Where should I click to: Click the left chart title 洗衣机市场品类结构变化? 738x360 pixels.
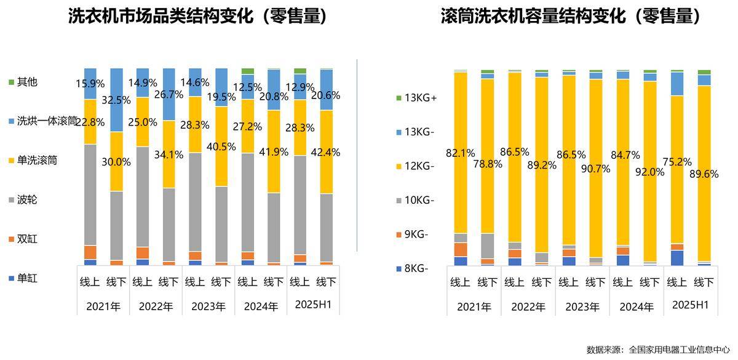(x=197, y=17)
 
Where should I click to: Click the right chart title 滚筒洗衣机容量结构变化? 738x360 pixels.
(x=571, y=17)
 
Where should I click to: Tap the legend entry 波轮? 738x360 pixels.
(x=27, y=199)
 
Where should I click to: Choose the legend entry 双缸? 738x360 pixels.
(x=27, y=238)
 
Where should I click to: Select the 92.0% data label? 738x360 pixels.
(x=653, y=172)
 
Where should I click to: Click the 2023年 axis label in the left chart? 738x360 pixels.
(x=208, y=306)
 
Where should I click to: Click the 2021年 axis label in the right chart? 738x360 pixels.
(x=474, y=306)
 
